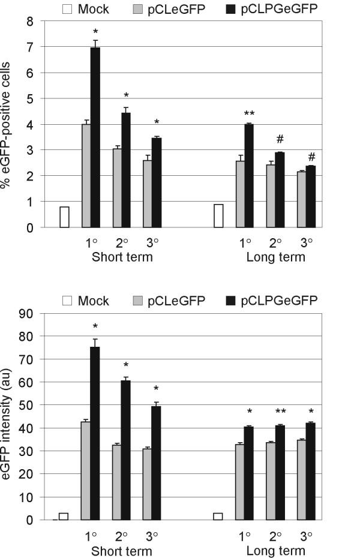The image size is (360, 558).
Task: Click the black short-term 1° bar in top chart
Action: click(95, 137)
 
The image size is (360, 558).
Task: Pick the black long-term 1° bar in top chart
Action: click(248, 176)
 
